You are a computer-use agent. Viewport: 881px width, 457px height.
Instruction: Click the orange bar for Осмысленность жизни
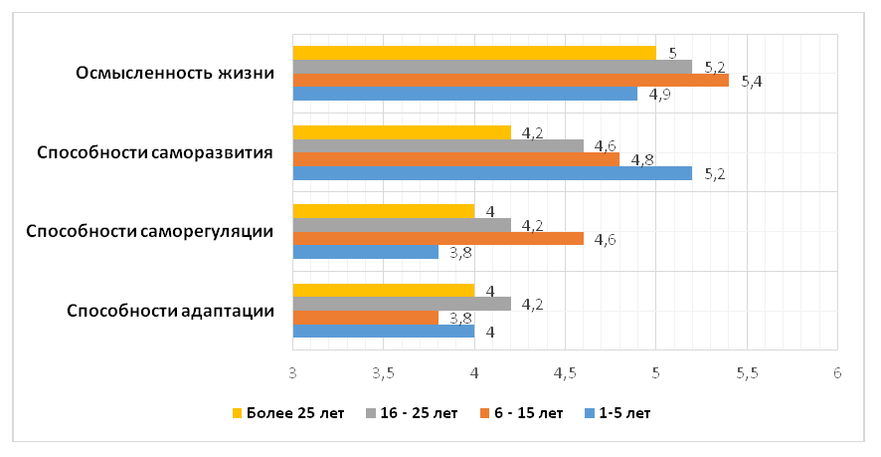(511, 80)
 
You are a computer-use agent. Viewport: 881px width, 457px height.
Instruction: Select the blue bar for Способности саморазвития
(493, 173)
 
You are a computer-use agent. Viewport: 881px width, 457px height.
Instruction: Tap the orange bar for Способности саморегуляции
(439, 239)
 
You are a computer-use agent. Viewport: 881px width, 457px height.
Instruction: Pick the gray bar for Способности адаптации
(403, 304)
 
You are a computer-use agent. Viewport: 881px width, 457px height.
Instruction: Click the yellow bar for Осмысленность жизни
(474, 53)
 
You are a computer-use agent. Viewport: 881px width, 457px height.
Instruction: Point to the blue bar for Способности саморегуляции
(366, 252)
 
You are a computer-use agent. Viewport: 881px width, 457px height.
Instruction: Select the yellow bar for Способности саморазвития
(403, 132)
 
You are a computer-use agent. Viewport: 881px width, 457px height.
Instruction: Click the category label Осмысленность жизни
(175, 73)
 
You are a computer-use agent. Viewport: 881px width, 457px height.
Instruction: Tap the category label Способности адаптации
(171, 312)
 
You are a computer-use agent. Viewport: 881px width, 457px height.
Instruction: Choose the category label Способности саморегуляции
(150, 232)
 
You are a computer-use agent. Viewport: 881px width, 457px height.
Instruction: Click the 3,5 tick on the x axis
(383, 373)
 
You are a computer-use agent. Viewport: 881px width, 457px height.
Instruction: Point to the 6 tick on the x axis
(837, 373)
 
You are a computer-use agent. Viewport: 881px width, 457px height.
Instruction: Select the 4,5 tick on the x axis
(565, 373)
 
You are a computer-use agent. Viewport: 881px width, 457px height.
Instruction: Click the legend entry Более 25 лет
(288, 413)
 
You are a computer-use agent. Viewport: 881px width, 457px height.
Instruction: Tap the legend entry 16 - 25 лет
(412, 413)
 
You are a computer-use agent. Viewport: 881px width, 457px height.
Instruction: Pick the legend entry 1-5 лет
(617, 413)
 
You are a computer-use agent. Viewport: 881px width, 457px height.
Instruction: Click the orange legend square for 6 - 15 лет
(484, 413)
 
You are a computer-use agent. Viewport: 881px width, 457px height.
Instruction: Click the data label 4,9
(660, 95)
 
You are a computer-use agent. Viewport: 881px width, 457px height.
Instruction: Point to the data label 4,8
(642, 160)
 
